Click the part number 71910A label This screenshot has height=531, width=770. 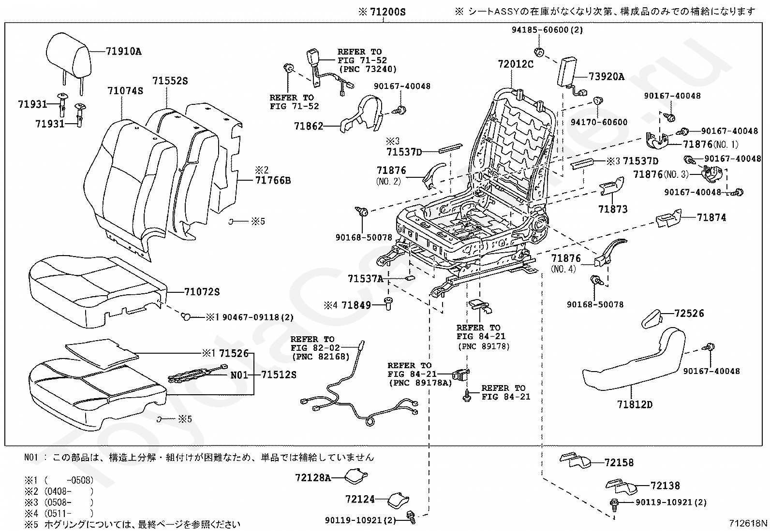(123, 52)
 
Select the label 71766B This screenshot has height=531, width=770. (273, 180)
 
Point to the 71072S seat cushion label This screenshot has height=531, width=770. (202, 292)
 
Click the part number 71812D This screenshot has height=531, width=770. (635, 404)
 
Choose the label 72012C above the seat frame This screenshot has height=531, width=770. (516, 64)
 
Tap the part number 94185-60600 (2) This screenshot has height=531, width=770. (547, 30)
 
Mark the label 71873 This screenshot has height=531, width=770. (613, 209)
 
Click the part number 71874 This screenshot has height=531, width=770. (711, 217)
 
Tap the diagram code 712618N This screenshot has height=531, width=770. (748, 523)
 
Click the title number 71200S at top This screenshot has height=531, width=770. (388, 12)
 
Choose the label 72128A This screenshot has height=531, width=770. (313, 477)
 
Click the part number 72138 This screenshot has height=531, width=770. (665, 486)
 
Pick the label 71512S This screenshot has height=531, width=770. (279, 374)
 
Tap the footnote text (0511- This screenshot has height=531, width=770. (58, 514)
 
